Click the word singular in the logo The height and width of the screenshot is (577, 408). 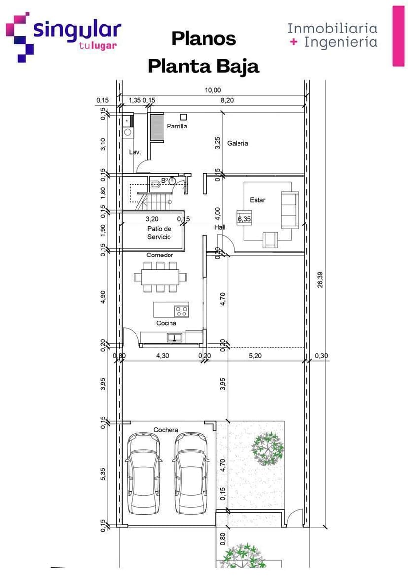click(76, 29)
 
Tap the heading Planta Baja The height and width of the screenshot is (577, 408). click(203, 66)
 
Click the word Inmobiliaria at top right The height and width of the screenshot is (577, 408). click(332, 28)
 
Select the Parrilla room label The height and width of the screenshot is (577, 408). click(176, 126)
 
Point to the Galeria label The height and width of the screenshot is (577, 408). click(238, 143)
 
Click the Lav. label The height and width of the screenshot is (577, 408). click(135, 152)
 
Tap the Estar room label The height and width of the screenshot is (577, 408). click(257, 200)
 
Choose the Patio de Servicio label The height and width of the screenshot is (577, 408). click(159, 233)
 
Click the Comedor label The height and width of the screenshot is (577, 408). click(160, 255)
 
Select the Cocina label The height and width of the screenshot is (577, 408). click(166, 323)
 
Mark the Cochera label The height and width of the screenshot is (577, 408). click(166, 430)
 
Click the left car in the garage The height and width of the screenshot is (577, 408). click(143, 474)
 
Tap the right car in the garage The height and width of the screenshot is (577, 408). click(190, 474)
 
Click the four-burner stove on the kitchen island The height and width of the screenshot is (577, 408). click(181, 311)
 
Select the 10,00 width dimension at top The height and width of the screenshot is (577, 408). click(213, 90)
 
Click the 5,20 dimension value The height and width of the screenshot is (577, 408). click(255, 356)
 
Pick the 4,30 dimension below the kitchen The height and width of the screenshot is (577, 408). click(162, 356)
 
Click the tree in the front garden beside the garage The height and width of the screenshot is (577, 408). click(268, 448)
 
